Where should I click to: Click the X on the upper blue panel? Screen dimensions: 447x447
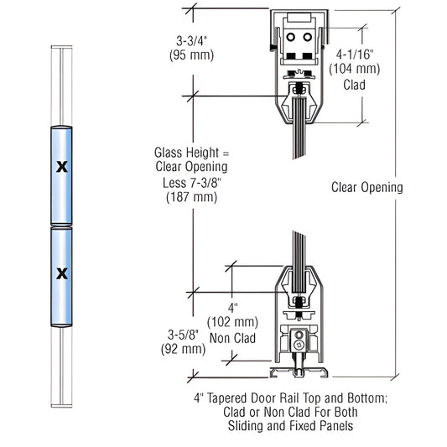tap(60, 167)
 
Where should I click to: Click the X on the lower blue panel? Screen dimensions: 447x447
tap(60, 273)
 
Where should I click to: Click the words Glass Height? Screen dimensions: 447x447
tap(181, 153)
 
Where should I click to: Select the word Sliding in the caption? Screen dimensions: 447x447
tap(248, 426)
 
